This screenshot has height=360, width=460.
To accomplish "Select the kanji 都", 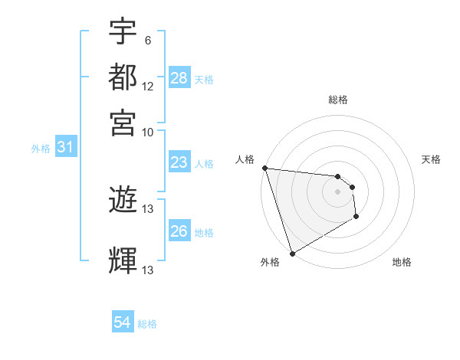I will (123, 77).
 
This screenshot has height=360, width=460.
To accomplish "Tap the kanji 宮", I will (123, 122).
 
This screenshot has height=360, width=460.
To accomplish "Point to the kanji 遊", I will (123, 201).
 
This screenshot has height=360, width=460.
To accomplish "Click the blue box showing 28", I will (179, 78).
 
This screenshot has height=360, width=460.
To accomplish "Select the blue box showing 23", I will (179, 162).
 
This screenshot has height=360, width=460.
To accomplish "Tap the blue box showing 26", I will (179, 231).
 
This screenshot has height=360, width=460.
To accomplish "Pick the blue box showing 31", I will (65, 148).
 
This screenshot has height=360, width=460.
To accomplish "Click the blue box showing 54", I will (123, 322).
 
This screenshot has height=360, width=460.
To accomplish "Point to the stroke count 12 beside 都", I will (148, 87).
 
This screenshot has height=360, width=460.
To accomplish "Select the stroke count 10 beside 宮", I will (148, 131).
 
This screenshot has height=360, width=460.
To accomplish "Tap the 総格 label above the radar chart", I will (338, 100).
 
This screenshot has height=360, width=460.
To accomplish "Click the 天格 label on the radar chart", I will (432, 159).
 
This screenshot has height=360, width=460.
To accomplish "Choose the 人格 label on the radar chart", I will (245, 159).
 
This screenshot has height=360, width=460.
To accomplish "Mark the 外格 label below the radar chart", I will (270, 262).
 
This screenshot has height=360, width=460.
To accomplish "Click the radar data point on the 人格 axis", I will (264, 168).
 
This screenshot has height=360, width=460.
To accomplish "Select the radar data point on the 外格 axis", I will (292, 254).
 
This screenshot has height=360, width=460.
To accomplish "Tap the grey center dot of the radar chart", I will (338, 191).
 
